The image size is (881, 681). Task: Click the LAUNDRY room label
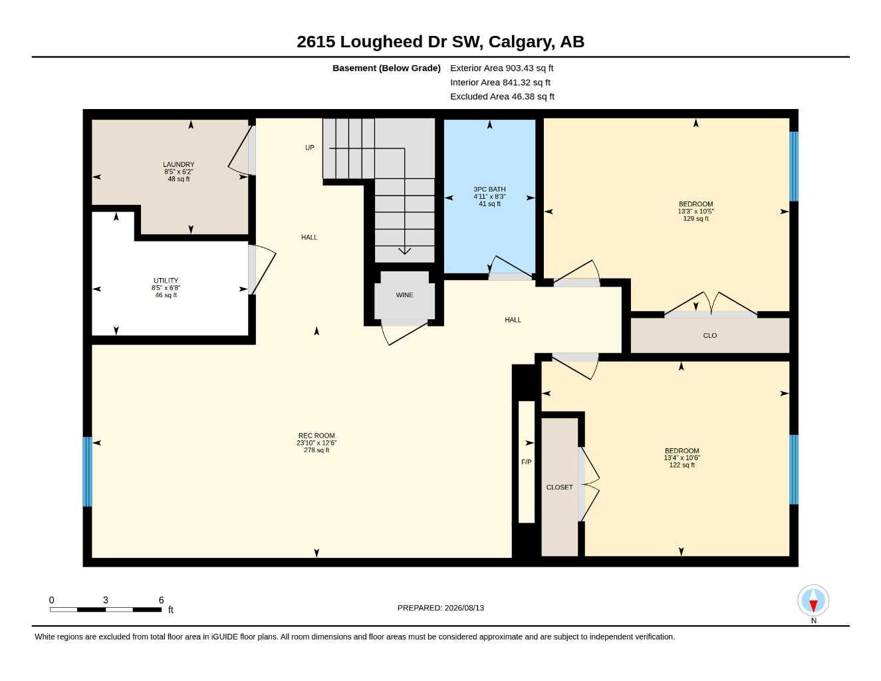(178, 164)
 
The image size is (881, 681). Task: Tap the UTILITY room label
(166, 280)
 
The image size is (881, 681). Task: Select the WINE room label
(404, 295)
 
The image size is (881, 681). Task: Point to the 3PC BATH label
(489, 189)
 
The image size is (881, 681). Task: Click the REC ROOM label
(316, 436)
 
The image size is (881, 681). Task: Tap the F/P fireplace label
(526, 462)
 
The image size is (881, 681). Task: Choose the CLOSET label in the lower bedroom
(559, 487)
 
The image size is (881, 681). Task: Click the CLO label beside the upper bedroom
(709, 336)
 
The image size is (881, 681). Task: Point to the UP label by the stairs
(309, 148)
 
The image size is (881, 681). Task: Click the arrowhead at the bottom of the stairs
(404, 251)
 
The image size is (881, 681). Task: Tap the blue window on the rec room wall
(87, 472)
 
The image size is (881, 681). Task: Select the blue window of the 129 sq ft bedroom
(793, 166)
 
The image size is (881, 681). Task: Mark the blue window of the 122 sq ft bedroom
(793, 470)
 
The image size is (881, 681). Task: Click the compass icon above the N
(813, 601)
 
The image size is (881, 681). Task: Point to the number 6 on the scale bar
(161, 600)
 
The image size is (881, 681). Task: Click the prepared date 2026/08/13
(464, 608)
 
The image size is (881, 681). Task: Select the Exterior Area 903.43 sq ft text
(501, 68)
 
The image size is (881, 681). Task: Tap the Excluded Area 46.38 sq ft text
(502, 96)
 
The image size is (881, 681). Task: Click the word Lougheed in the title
(381, 42)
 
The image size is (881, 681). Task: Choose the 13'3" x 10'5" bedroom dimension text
(695, 211)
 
